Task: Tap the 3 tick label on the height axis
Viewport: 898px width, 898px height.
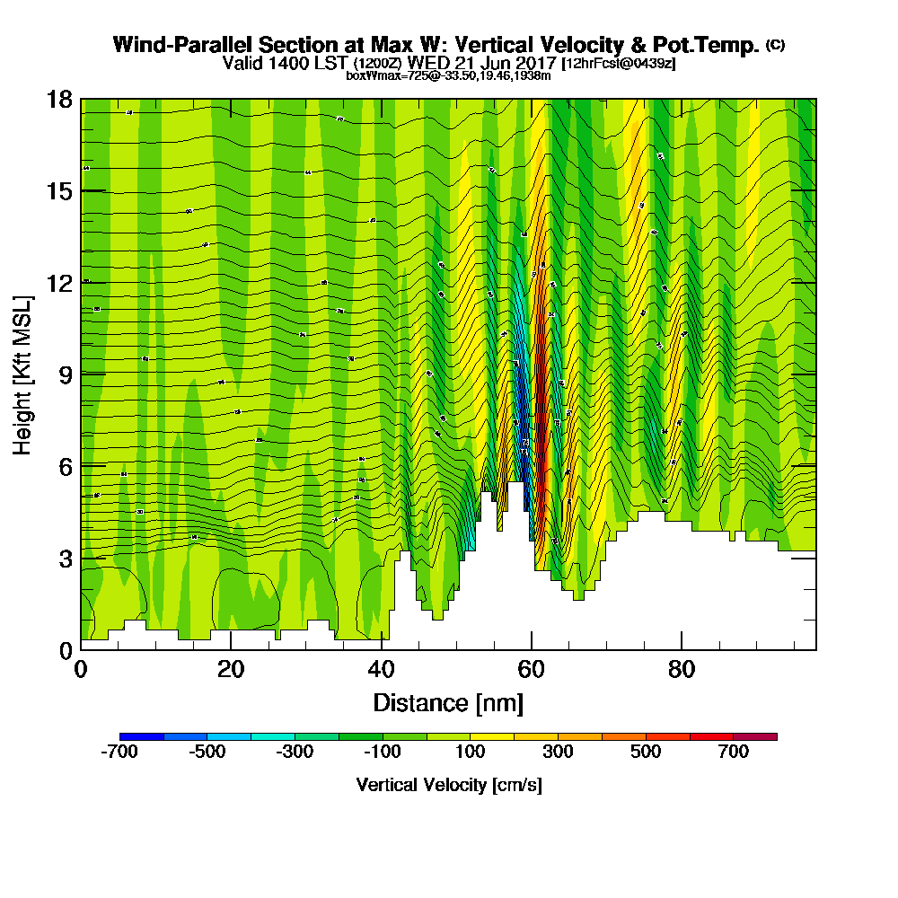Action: click(65, 559)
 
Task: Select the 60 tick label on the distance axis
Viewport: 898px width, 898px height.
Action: click(532, 669)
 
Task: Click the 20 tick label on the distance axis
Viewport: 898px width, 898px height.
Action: click(231, 669)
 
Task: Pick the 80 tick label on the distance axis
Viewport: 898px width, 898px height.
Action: click(682, 669)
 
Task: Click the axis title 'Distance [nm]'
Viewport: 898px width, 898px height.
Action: click(448, 702)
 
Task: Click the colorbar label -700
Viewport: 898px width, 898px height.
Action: click(119, 753)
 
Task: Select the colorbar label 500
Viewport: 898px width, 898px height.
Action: click(646, 753)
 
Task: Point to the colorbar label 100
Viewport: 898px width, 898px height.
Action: click(471, 753)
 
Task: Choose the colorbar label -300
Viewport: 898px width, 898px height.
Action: click(295, 753)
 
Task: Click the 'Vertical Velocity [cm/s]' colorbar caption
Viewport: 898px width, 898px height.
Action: click(448, 785)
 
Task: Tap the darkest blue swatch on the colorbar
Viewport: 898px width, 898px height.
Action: click(142, 736)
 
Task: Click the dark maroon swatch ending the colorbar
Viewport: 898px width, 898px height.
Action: click(755, 736)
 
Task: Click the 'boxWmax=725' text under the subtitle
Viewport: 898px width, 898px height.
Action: click(381, 75)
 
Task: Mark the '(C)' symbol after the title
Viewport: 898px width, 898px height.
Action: click(775, 44)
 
